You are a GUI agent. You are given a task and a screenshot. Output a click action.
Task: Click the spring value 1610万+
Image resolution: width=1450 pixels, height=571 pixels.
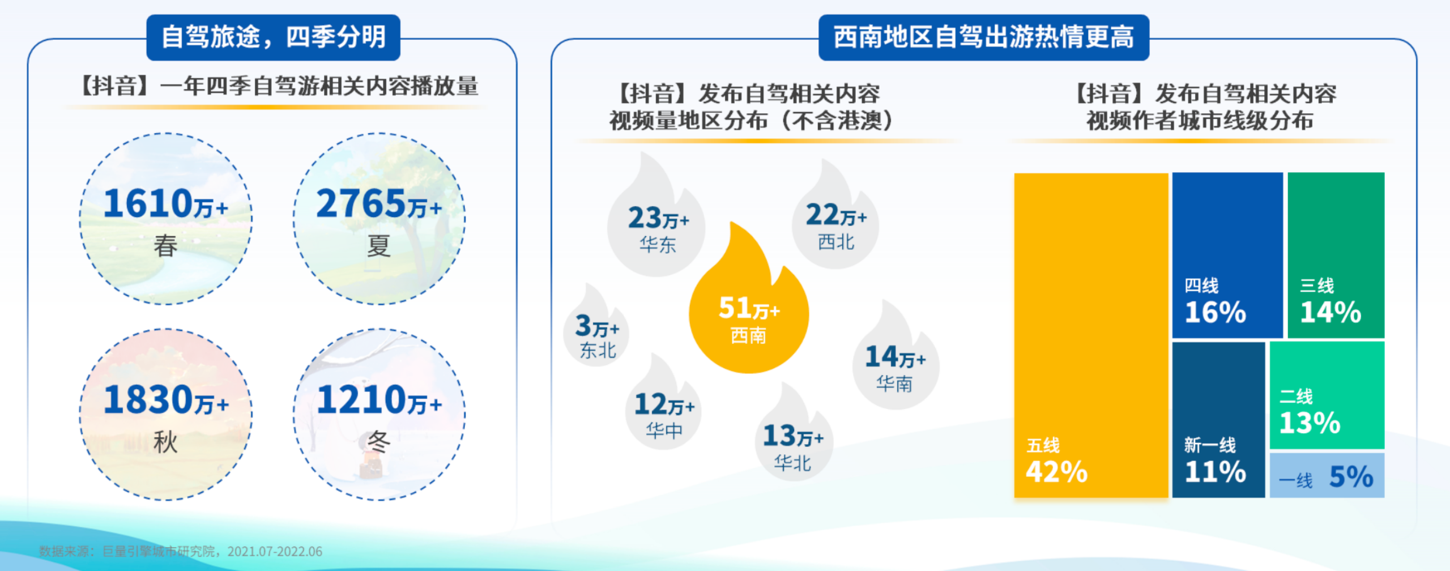click(x=166, y=204)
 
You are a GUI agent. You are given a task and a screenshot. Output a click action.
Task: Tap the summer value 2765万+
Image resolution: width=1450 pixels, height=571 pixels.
click(x=379, y=204)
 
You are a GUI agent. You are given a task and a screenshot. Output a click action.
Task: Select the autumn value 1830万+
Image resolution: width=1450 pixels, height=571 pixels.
click(x=166, y=400)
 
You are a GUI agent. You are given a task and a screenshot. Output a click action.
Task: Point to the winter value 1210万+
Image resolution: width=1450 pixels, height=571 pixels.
click(x=379, y=400)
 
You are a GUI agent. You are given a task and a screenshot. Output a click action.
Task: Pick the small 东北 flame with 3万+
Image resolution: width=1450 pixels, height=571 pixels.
click(x=596, y=331)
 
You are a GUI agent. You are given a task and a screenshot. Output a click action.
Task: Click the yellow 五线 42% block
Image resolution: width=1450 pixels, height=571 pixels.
click(x=1091, y=335)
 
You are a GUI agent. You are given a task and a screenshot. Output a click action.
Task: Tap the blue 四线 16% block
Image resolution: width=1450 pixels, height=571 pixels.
click(x=1227, y=255)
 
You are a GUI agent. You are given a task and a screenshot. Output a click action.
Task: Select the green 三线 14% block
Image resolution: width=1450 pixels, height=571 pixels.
click(x=1336, y=255)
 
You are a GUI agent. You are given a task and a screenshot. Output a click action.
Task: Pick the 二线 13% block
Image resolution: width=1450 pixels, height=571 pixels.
click(x=1327, y=395)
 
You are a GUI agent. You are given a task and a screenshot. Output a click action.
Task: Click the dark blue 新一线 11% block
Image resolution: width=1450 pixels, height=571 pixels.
click(x=1218, y=420)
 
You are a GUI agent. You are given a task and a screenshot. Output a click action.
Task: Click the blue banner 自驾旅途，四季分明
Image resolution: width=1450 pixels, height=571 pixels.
click(x=274, y=37)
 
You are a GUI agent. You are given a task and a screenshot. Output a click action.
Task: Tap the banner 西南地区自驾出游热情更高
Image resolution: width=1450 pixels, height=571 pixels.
click(x=984, y=37)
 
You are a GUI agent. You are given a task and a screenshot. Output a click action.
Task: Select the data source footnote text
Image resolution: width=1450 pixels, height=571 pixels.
click(x=181, y=551)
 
